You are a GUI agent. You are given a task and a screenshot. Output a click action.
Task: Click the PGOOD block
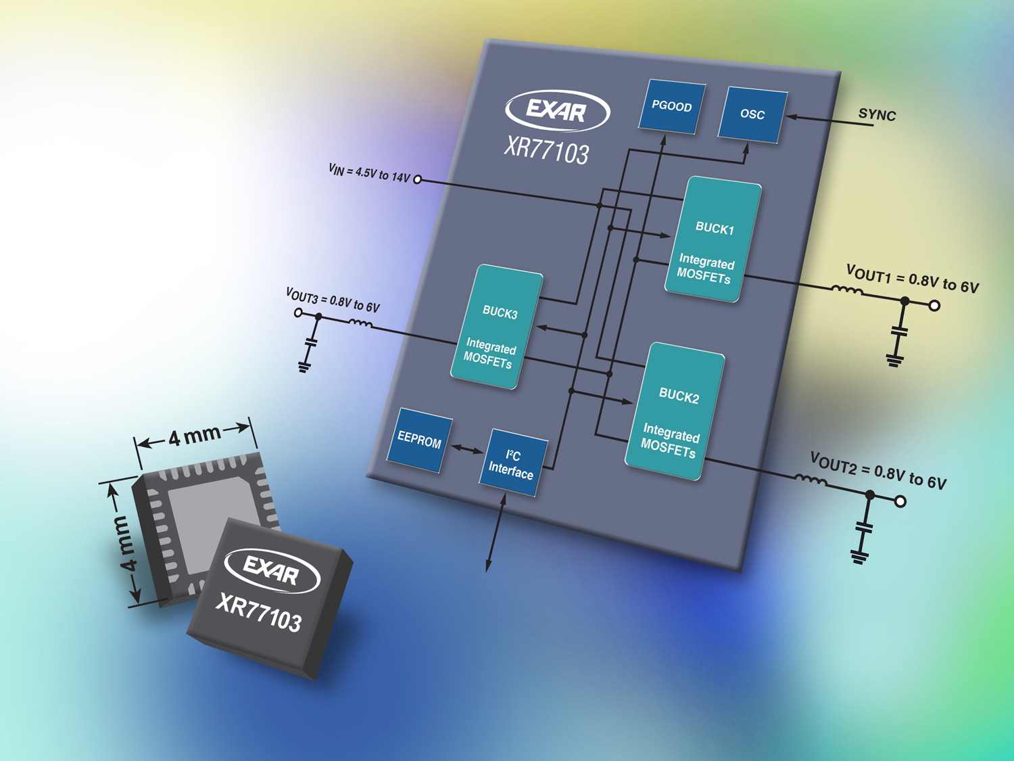[x=672, y=106]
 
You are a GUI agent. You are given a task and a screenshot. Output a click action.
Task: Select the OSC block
[x=752, y=114]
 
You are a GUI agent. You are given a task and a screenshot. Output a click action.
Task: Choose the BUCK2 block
[x=675, y=411]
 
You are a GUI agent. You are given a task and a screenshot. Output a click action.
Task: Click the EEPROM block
[x=419, y=440]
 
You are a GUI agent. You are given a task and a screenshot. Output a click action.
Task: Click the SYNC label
[x=877, y=115]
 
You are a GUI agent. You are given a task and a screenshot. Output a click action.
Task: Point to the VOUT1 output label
[x=912, y=279]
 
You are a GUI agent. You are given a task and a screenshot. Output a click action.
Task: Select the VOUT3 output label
[x=333, y=300]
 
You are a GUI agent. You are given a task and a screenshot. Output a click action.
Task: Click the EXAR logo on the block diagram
[x=557, y=110]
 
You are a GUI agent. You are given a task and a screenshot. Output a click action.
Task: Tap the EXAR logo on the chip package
[x=272, y=570]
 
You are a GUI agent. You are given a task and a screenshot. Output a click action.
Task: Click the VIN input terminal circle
[x=418, y=179]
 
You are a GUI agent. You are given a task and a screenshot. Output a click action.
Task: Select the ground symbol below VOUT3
[x=304, y=367]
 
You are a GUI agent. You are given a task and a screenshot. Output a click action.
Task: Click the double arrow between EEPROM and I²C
[x=466, y=448]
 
